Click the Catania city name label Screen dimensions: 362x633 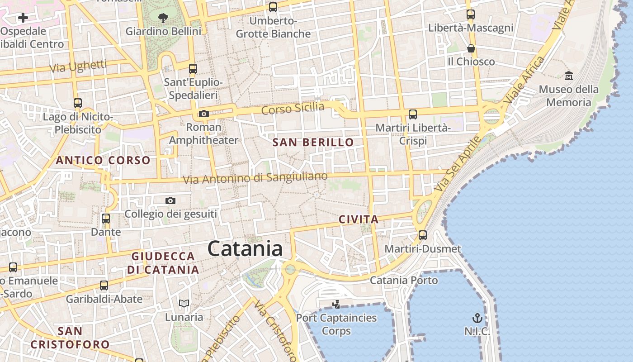(245, 249)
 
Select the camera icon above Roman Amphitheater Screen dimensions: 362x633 (204, 114)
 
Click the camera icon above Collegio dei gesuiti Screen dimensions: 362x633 (170, 200)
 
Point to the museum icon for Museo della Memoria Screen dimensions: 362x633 (569, 76)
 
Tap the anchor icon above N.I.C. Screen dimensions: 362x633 (477, 318)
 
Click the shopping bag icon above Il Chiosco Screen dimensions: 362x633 (471, 48)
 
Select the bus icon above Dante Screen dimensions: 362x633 (106, 219)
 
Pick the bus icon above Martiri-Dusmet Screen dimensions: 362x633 (423, 235)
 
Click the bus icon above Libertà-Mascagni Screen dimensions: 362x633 (471, 14)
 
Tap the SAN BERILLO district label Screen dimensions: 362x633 (313, 143)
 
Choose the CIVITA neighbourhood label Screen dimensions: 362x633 (359, 219)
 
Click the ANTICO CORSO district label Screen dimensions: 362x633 (103, 160)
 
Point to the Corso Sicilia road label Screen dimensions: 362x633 (293, 109)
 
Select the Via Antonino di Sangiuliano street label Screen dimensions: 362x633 (255, 178)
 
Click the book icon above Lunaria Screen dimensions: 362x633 (184, 304)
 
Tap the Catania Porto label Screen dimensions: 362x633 (404, 281)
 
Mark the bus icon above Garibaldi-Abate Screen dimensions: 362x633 (104, 286)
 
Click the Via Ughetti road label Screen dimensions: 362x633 (78, 67)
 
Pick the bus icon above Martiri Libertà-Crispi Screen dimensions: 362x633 (413, 114)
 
